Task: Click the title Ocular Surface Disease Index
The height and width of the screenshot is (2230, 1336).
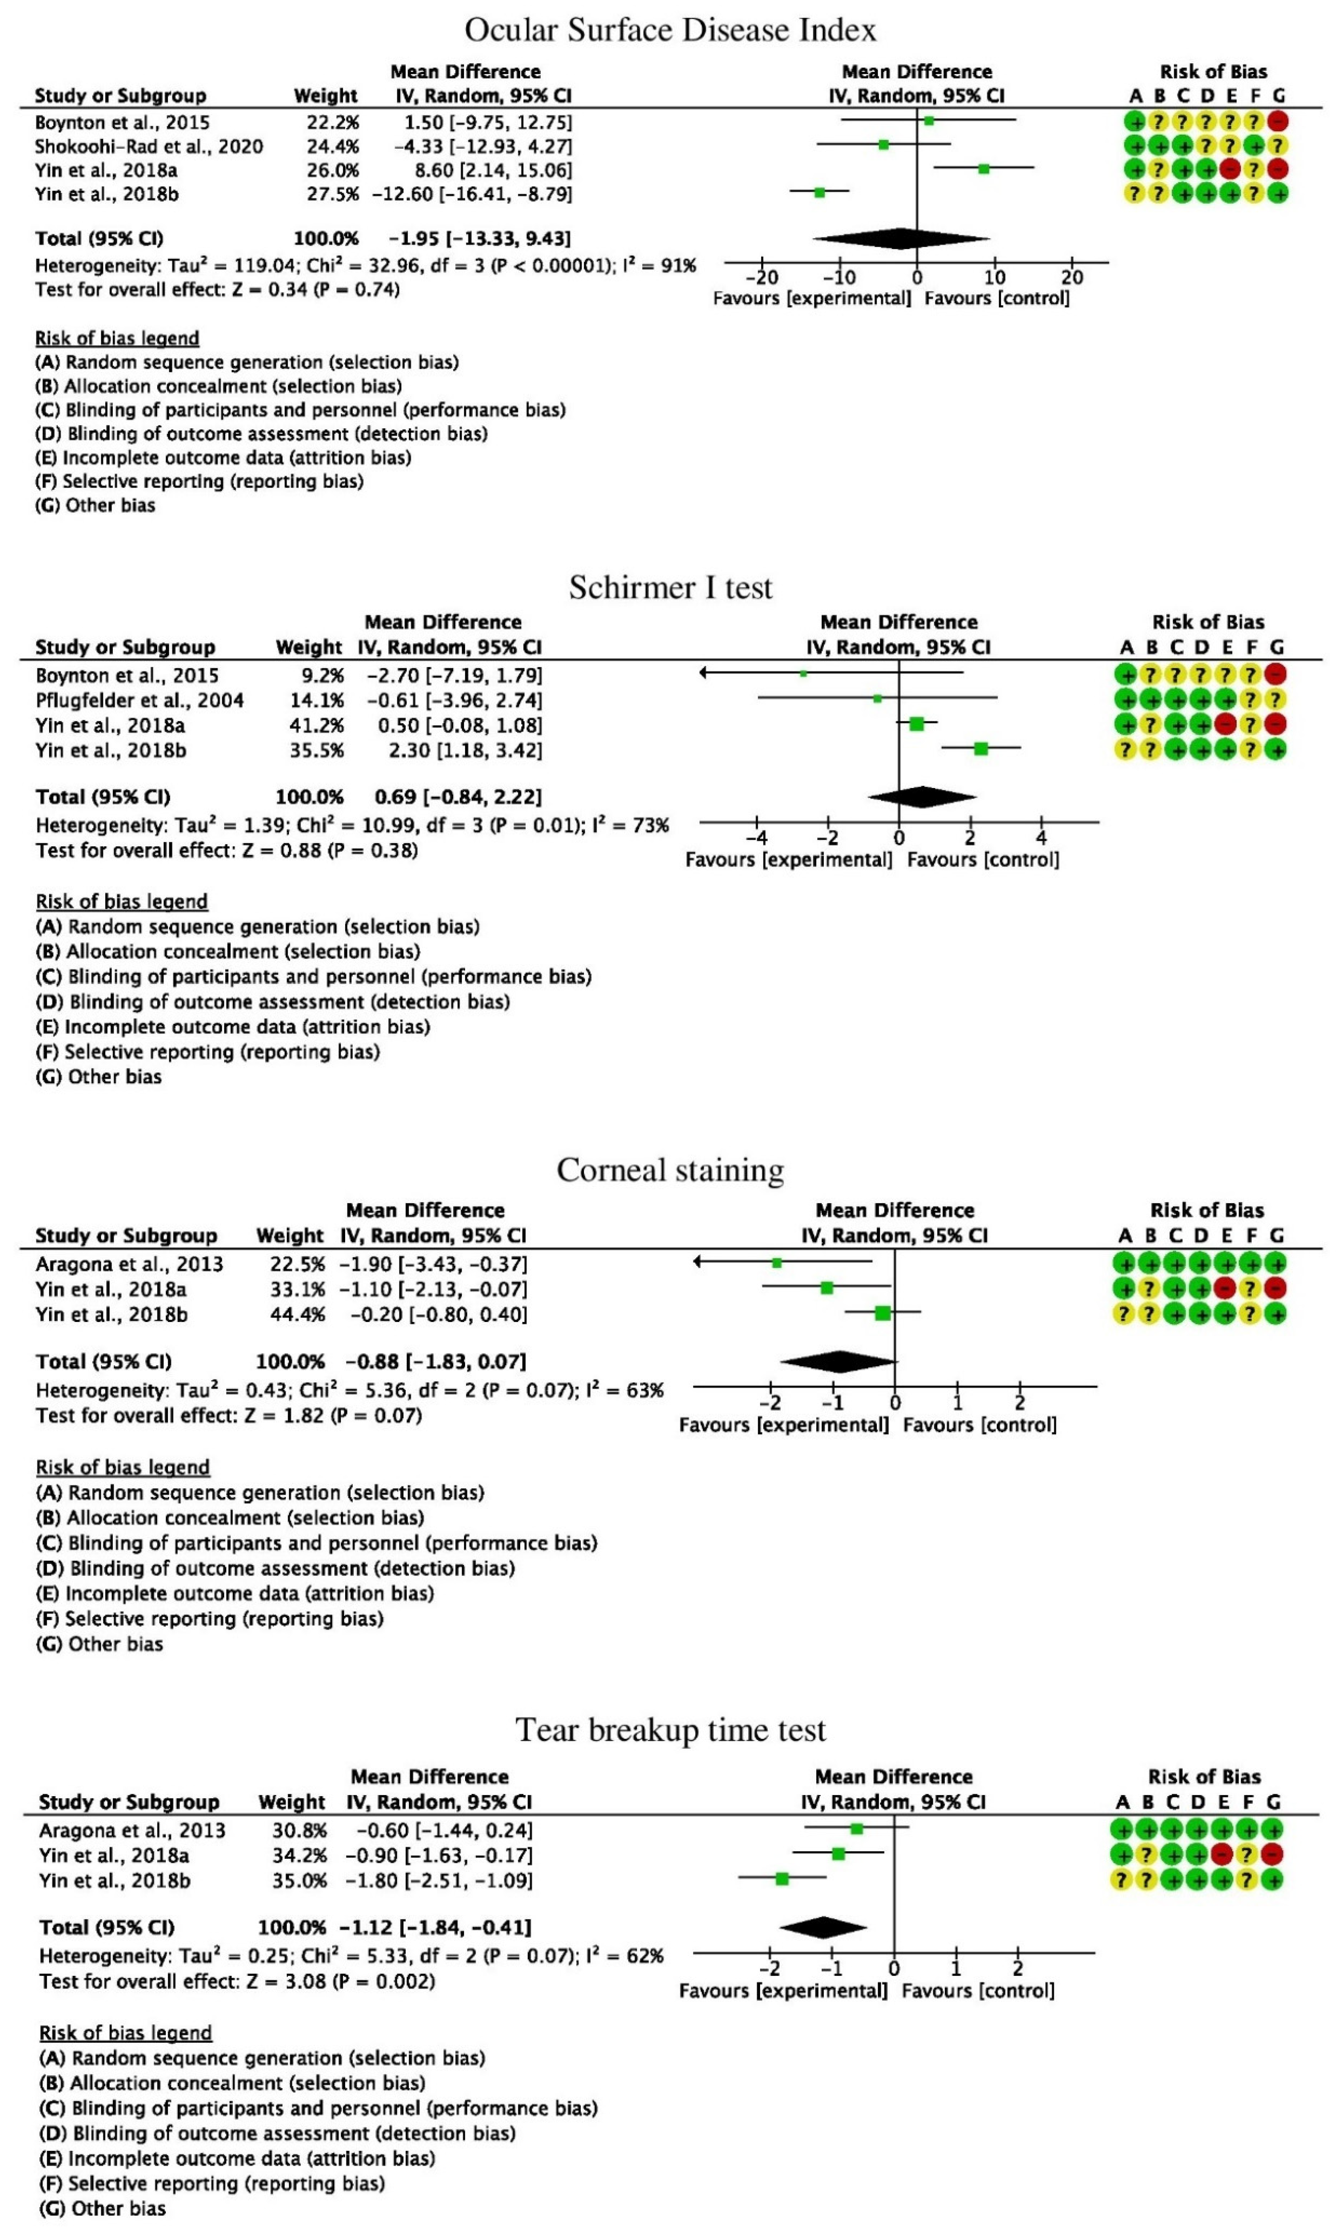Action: (x=670, y=30)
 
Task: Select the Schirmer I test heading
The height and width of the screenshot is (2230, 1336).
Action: (x=670, y=588)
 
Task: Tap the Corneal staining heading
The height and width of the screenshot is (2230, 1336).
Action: (x=670, y=1170)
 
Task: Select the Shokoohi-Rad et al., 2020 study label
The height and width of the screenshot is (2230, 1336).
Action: (x=148, y=146)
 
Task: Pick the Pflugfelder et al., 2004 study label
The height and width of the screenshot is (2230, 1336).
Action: (x=140, y=700)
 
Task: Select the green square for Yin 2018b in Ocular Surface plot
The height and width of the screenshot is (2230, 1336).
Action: (x=819, y=193)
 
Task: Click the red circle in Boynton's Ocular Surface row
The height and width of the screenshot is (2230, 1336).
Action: (x=1277, y=122)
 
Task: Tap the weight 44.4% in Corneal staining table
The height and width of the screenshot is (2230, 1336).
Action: (x=297, y=1315)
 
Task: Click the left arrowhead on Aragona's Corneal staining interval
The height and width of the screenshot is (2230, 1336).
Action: (x=699, y=1263)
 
